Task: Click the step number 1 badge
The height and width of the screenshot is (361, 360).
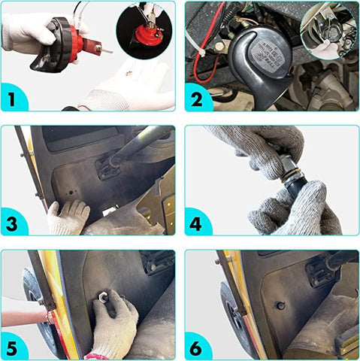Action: click(x=12, y=99)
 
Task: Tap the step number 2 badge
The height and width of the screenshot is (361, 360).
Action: click(x=197, y=99)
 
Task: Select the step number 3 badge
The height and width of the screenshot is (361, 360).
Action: click(x=12, y=223)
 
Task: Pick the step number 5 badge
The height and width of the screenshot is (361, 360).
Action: click(x=12, y=347)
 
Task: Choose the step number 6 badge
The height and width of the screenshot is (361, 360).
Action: click(x=196, y=347)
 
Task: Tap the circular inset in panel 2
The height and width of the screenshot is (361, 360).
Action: click(x=328, y=31)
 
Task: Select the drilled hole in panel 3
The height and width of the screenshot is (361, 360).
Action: click(x=71, y=193)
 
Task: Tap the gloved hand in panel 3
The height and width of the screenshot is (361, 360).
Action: click(x=68, y=217)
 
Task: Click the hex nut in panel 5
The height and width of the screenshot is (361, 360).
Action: click(x=103, y=296)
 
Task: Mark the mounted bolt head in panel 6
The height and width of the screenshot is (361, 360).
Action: click(x=280, y=305)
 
